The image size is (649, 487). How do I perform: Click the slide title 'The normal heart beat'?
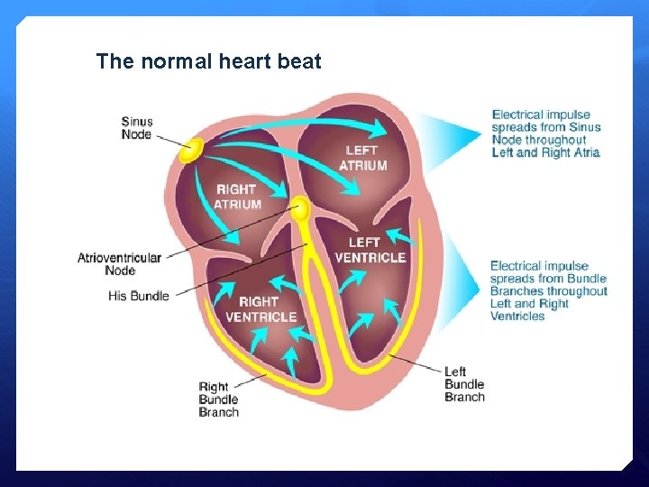coord(208,61)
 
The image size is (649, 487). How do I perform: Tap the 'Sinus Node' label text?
coord(137,128)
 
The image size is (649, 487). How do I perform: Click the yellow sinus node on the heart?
coord(191,150)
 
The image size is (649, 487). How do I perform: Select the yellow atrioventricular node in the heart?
coord(300,210)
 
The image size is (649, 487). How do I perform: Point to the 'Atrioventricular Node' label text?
coord(119,263)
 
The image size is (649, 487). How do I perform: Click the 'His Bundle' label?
coord(139,296)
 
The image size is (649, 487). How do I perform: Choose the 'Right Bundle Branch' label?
coord(219,400)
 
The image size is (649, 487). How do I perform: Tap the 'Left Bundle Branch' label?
coord(464,384)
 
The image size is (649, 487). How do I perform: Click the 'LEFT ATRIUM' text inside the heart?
coord(362,158)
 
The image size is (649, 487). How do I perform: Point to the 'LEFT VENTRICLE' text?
coord(370,249)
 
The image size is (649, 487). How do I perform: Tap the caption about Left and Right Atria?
coord(546,133)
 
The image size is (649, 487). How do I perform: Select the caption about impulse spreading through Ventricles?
coord(548,290)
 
